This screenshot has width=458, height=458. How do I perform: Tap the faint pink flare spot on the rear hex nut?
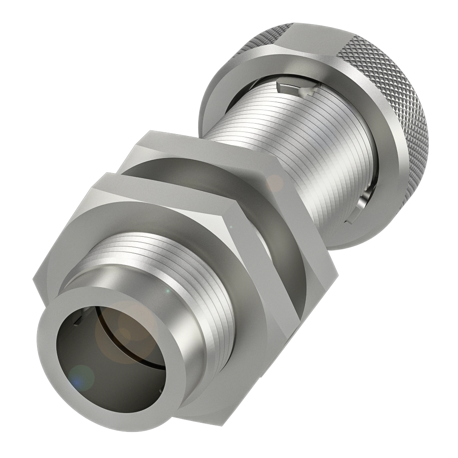point(275,183)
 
